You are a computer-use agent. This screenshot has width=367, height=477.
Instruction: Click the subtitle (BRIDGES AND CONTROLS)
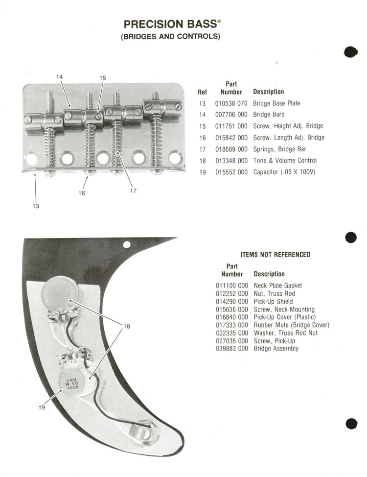pos(171,37)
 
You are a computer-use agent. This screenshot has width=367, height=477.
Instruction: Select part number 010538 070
pos(231,103)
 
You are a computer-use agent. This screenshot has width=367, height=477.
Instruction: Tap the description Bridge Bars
pos(269,115)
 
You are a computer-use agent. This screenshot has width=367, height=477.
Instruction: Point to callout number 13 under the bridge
pos(36,206)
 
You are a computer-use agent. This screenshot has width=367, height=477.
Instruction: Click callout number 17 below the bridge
pos(133,191)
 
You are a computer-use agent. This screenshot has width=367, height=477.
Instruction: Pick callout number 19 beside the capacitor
pos(42,407)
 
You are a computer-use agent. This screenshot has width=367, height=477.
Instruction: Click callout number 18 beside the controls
pos(126,326)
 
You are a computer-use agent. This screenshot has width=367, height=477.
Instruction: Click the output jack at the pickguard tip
pos(143,431)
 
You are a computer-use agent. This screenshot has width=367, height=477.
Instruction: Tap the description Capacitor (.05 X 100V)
pos(284,172)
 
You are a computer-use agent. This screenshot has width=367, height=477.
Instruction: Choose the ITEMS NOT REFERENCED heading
pos(275,255)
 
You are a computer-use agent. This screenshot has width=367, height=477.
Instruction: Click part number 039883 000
pos(232,349)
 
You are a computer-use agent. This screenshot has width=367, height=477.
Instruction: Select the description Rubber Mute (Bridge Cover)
pos(292,325)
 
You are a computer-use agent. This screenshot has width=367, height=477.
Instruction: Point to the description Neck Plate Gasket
pos(278,286)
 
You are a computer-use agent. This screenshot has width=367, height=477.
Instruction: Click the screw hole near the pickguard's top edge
pos(127,244)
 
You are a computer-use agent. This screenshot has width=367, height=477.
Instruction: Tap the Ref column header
pos(202,92)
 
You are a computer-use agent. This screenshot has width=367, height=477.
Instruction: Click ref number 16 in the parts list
pos(203,138)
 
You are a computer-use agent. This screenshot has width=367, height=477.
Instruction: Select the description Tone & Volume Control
pos(285,160)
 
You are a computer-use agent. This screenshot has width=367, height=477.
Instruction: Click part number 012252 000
pos(232,293)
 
